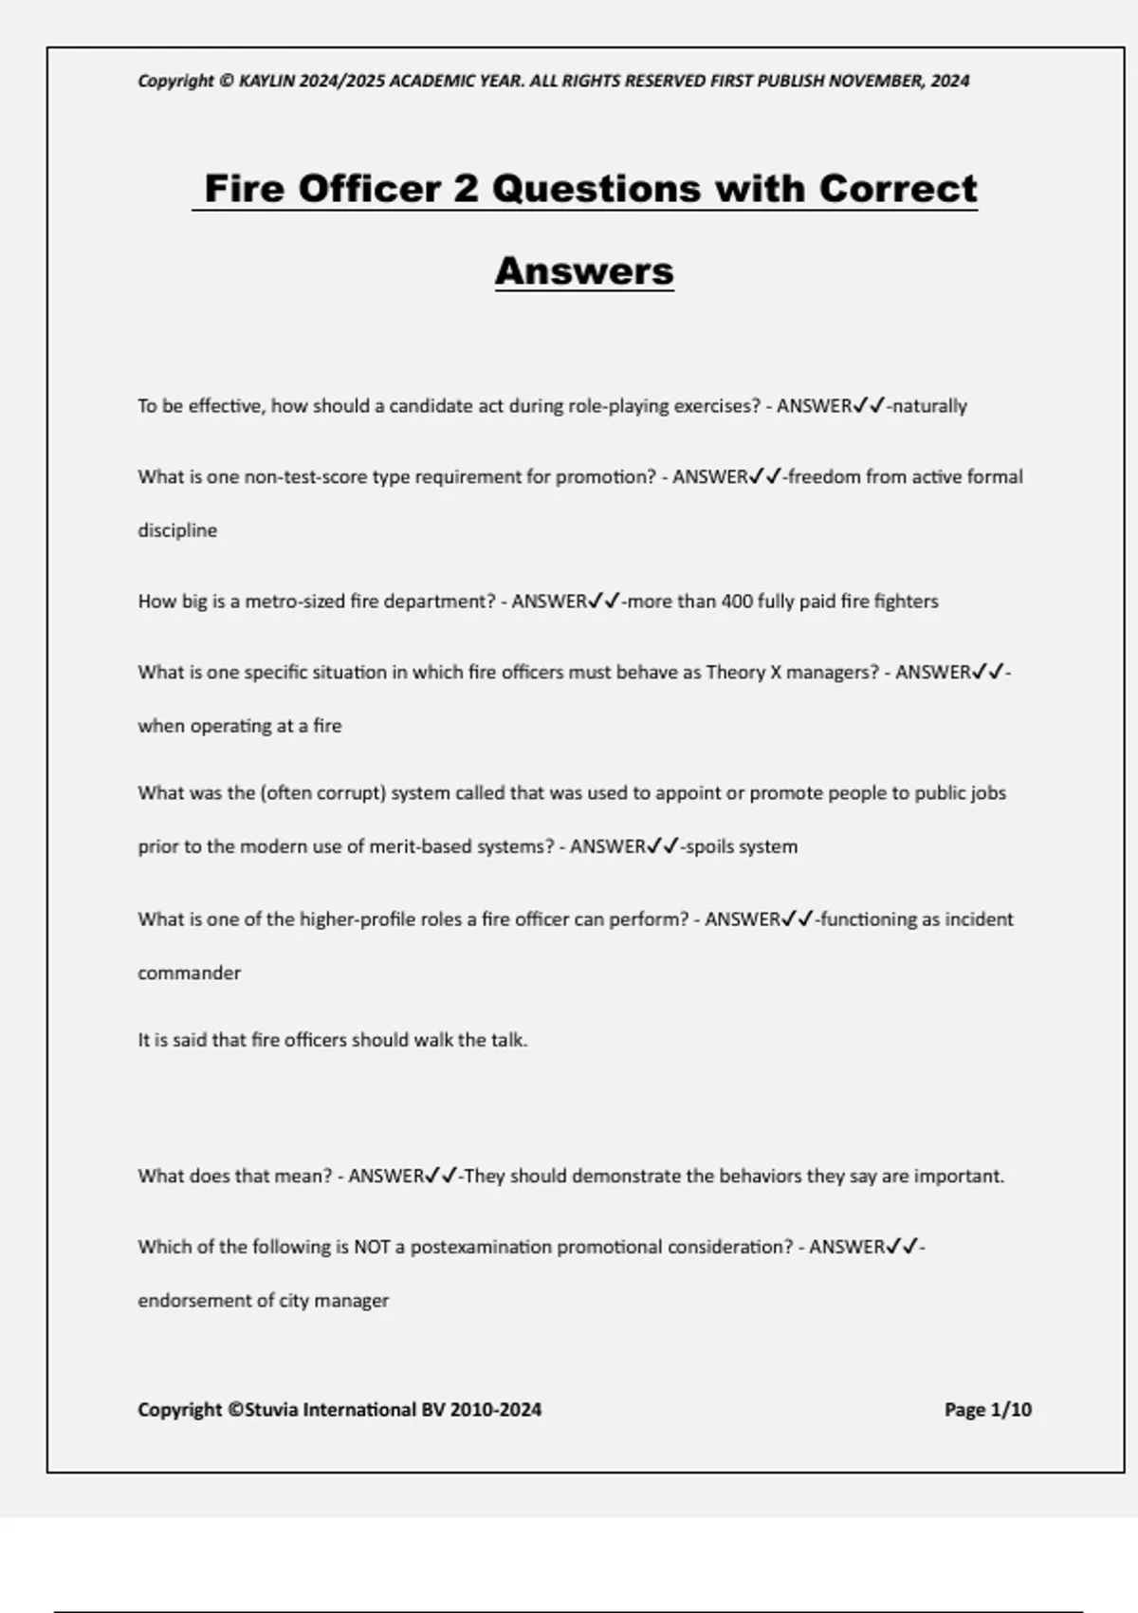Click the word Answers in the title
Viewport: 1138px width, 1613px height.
584,271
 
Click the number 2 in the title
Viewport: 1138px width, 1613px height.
466,189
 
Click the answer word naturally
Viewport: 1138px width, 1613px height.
929,406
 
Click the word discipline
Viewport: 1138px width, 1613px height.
177,530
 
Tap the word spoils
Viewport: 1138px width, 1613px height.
708,846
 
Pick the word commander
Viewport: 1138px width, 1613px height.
189,973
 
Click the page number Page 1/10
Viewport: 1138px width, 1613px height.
987,1410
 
